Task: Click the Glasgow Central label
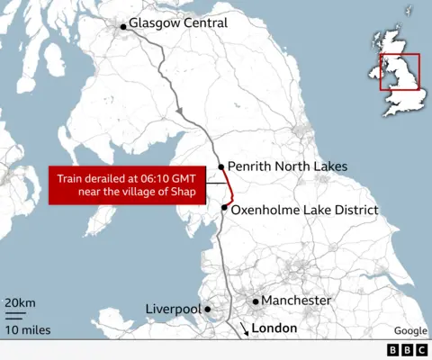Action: point(177,22)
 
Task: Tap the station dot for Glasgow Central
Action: point(122,27)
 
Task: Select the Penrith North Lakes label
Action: point(287,166)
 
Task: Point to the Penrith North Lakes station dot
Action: point(220,166)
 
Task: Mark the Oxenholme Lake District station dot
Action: point(224,208)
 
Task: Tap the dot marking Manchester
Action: point(256,301)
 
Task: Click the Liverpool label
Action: point(173,310)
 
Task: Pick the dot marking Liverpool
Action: point(208,310)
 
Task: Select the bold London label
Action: point(274,328)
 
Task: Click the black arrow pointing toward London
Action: point(243,329)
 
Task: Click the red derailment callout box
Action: point(125,184)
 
